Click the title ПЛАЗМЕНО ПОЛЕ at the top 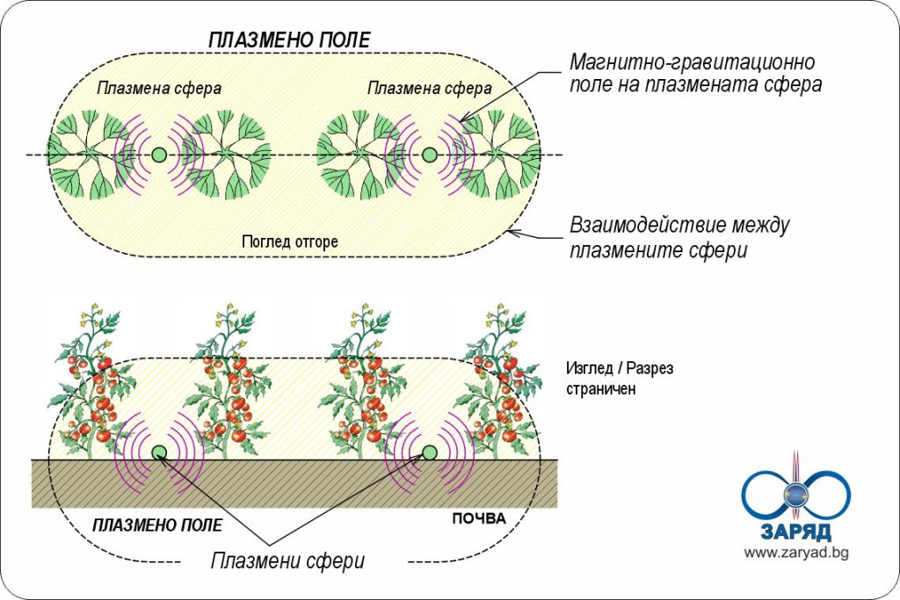click(289, 40)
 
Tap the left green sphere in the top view click(159, 155)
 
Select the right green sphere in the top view click(429, 155)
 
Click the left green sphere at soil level click(159, 452)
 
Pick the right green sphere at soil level click(429, 452)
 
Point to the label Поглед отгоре click(289, 242)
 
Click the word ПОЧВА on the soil click(479, 518)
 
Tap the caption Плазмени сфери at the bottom click(287, 560)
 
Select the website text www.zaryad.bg click(795, 553)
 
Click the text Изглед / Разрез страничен click(621, 378)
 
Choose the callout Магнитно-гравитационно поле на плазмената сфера click(694, 74)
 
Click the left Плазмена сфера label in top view click(158, 88)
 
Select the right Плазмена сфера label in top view click(429, 88)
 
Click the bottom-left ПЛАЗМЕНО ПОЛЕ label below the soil click(157, 525)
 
